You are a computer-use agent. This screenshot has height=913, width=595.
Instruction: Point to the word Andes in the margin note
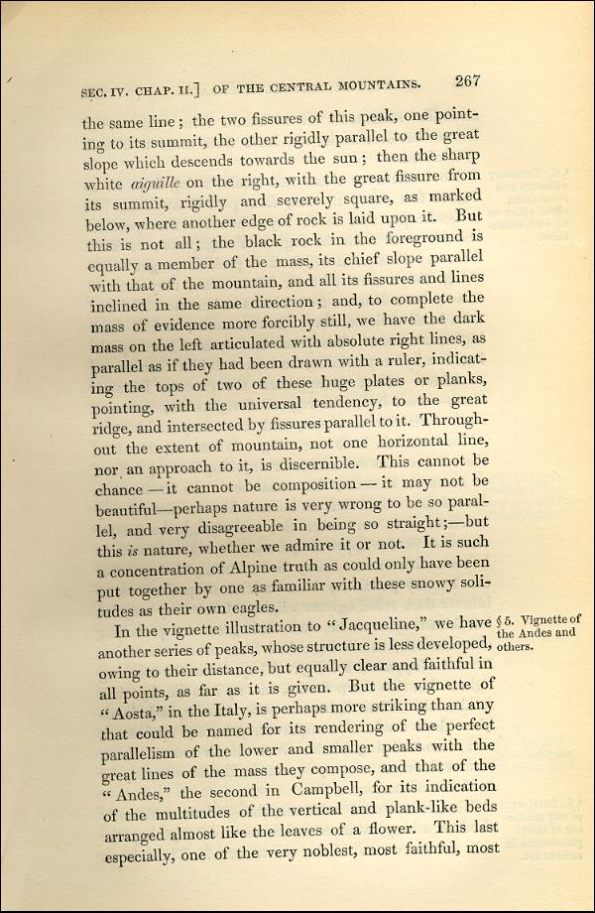click(x=536, y=633)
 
